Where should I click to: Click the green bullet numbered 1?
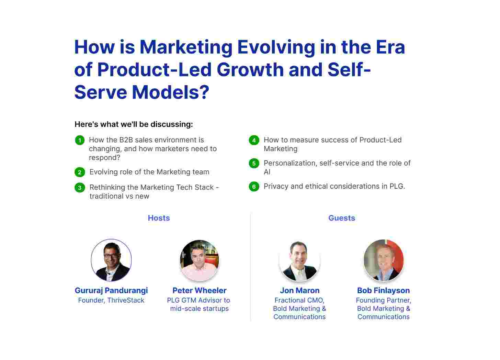click(80, 140)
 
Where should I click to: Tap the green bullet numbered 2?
click(80, 172)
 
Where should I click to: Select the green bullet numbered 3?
click(80, 188)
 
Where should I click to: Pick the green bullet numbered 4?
click(254, 140)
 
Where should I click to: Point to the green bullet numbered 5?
click(254, 164)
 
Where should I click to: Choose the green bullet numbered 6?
click(254, 187)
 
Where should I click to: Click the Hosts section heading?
click(159, 218)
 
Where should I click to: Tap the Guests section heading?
click(341, 218)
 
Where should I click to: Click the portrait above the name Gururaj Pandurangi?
click(111, 260)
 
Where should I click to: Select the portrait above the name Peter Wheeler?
click(199, 260)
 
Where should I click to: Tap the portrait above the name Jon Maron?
click(299, 261)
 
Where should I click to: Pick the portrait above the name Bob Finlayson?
click(384, 260)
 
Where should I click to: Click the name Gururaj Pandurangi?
click(111, 290)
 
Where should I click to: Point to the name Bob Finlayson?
click(384, 290)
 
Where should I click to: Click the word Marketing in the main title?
click(186, 48)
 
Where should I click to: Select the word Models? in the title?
click(171, 92)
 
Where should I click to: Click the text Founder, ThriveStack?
click(111, 300)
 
